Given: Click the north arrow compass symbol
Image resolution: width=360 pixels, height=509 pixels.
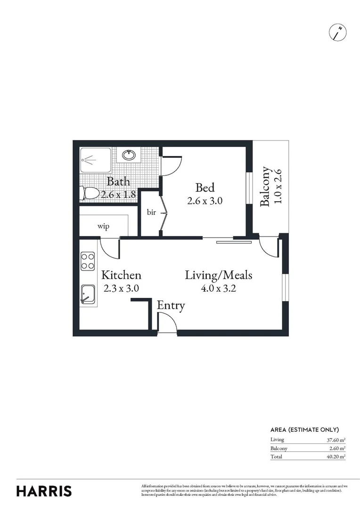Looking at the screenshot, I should click(x=338, y=32).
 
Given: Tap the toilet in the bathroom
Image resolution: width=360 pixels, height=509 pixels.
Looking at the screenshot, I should click(x=90, y=193).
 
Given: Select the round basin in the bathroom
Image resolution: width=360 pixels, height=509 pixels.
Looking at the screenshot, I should click(x=128, y=155).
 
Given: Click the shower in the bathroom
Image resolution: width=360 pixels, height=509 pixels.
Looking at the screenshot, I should click(x=96, y=160).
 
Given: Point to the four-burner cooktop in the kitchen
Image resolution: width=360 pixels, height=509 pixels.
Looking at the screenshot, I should click(x=88, y=261).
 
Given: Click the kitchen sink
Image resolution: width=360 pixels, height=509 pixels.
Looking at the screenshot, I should click(x=88, y=295).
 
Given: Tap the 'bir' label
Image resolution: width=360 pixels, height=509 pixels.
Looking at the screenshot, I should click(x=151, y=213).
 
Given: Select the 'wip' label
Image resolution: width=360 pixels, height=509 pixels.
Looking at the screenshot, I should click(x=104, y=227).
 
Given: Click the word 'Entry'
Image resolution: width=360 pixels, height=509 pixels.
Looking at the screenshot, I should click(x=171, y=305).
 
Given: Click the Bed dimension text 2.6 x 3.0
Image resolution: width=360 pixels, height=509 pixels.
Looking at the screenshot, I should click(x=205, y=200).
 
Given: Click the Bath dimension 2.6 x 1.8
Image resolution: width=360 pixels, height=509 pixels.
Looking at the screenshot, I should click(x=118, y=193).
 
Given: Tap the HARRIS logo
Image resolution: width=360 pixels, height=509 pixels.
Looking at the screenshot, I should click(x=44, y=491).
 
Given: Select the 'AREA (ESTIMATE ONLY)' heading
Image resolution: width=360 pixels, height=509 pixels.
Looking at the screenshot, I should click(x=304, y=429).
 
